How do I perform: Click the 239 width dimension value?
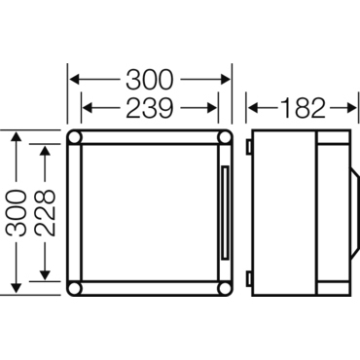pyautogui.click(x=149, y=108)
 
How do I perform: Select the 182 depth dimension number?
pyautogui.click(x=303, y=108)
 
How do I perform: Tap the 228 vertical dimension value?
pyautogui.click(x=45, y=212)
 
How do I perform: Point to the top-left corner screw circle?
pyautogui.click(x=74, y=138)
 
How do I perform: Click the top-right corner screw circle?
pyautogui.click(x=225, y=138)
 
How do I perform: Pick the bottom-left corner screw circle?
pyautogui.click(x=74, y=288)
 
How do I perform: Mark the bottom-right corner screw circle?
pyautogui.click(x=225, y=288)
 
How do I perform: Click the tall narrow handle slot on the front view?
pyautogui.click(x=225, y=213)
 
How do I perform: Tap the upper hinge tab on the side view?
pyautogui.click(x=249, y=147)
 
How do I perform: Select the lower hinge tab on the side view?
pyautogui.click(x=249, y=279)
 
